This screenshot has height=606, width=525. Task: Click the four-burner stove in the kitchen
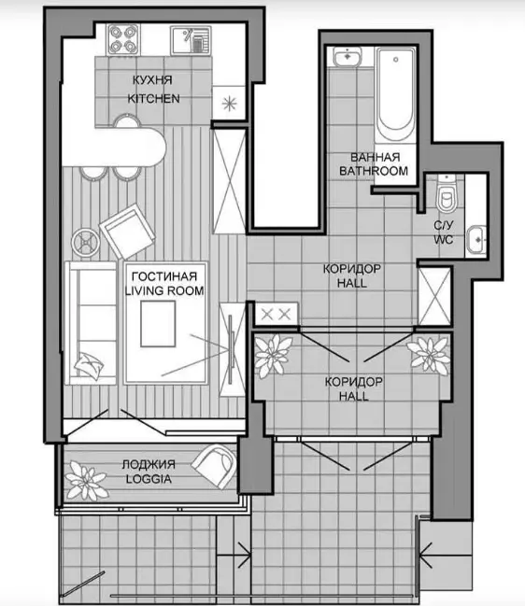[123, 40]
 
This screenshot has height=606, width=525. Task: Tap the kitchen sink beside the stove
[191, 40]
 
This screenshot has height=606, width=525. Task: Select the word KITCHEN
[153, 99]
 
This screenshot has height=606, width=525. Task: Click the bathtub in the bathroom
[395, 94]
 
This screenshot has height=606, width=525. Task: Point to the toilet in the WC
[447, 196]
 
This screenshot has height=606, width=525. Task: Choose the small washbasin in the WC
[475, 240]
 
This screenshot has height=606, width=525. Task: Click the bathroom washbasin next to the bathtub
[348, 57]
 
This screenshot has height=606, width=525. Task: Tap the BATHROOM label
[374, 171]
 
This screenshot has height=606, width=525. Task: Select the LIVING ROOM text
[164, 290]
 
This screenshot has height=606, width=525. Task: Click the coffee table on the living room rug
[158, 324]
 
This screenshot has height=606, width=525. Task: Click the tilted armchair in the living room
[127, 232]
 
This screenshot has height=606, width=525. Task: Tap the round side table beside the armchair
[86, 243]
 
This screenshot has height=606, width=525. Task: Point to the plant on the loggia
[85, 480]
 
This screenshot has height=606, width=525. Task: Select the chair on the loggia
[215, 465]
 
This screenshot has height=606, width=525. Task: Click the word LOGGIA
[149, 479]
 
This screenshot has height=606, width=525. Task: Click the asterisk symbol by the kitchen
[229, 104]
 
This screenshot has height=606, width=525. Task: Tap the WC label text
[443, 240]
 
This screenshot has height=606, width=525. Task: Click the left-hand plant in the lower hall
[274, 356]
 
